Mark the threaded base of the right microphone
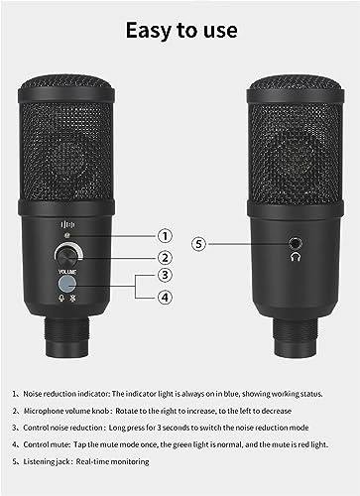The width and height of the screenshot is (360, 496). point(295,327)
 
